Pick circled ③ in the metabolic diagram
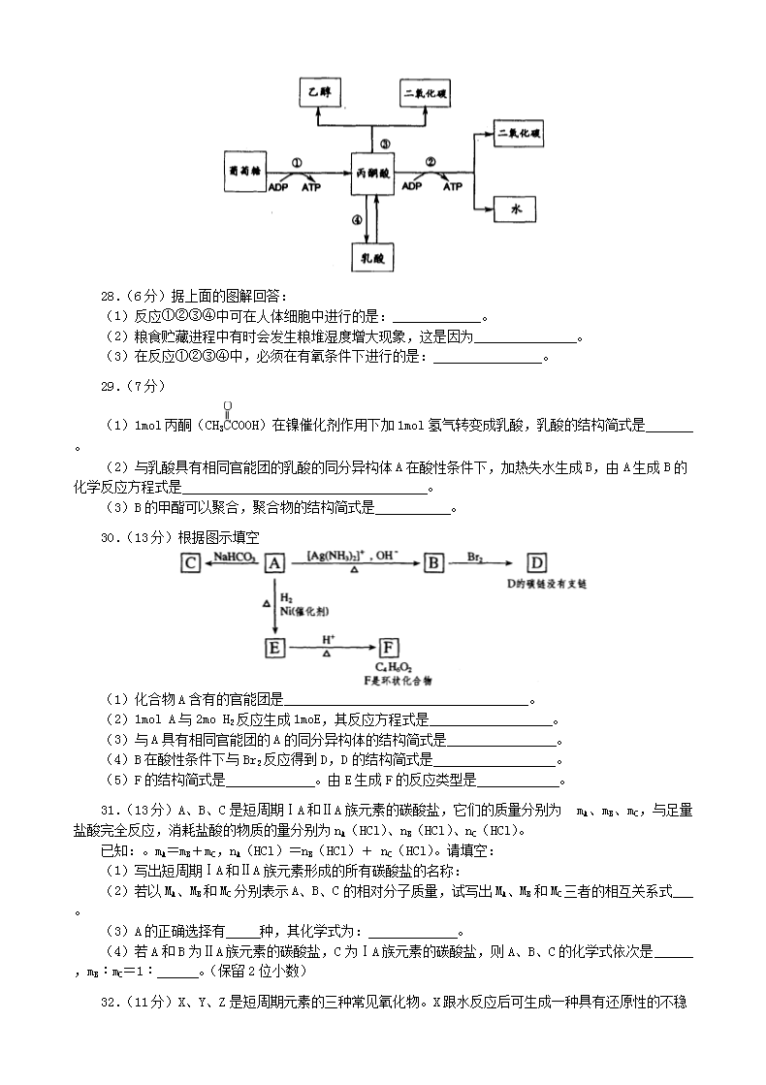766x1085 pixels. coord(385,143)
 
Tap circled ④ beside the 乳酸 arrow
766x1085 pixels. coord(357,220)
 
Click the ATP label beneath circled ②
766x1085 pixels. coord(453,186)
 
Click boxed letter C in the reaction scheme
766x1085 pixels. coord(191,562)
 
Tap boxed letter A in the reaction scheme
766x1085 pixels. coord(275,562)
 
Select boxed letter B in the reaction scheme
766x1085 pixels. coord(433,562)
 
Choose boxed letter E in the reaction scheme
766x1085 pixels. coord(275,647)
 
